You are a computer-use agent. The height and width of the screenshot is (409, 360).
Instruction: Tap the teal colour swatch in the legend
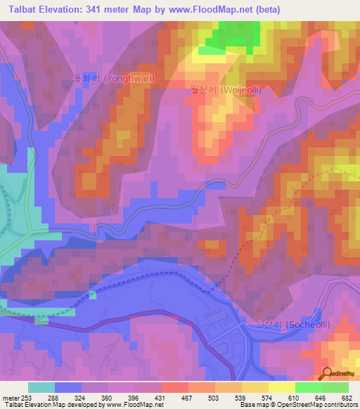[x=41, y=387]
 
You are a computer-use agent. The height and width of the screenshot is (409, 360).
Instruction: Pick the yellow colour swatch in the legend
[x=282, y=387]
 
